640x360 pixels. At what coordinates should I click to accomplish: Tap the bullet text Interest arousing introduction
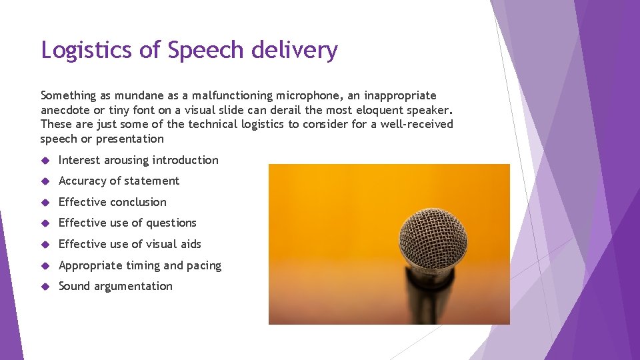138,160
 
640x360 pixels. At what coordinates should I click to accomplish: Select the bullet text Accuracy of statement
119,181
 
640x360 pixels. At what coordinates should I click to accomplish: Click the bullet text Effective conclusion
112,202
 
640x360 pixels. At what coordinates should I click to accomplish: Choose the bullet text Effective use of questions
127,223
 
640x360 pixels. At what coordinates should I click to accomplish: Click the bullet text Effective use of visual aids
129,244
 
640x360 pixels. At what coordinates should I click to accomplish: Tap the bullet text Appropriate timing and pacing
139,265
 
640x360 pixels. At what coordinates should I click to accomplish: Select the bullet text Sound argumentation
115,286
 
